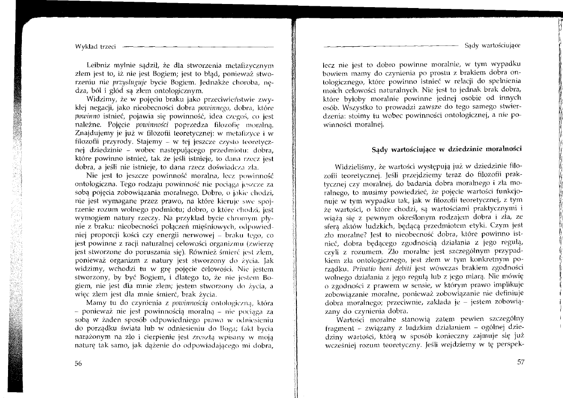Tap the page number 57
pyautogui.click(x=521, y=362)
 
